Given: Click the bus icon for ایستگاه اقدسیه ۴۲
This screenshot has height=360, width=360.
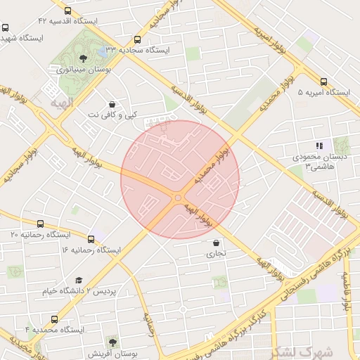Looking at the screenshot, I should point(67,11).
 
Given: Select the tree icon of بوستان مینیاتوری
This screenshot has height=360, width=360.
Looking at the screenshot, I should point(84,58).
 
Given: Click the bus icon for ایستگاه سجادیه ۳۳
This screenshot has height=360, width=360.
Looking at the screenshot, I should point(137,40).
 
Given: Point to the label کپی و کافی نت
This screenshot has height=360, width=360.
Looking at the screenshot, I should point(117,114).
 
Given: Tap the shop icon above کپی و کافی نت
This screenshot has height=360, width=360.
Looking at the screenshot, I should point(112,103).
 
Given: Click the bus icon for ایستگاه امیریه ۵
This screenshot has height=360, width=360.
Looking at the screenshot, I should point(323,82).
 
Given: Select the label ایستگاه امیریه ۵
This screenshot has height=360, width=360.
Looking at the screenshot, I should point(324,93).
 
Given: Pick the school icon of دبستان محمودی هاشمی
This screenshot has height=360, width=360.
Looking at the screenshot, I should point(319,146).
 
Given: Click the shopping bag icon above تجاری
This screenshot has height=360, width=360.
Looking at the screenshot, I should point(214,243).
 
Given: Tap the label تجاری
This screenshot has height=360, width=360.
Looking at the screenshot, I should point(214,255).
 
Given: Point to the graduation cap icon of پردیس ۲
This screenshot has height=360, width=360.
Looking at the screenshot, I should point(79,280).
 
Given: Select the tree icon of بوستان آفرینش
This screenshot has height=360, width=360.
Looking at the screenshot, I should point(114,342).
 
